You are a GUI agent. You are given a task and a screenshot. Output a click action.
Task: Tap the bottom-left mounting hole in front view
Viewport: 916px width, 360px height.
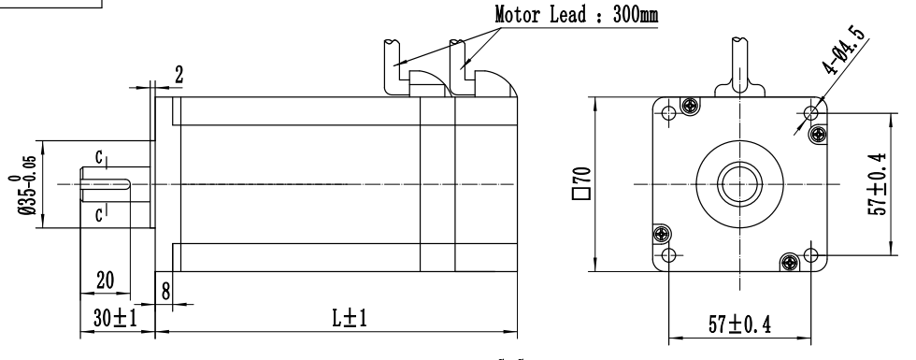click(666, 254)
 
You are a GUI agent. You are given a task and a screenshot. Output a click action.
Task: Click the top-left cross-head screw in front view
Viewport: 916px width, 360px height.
click(691, 105)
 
